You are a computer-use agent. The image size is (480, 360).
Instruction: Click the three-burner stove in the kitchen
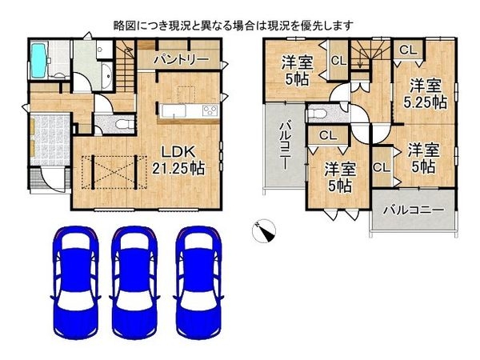210,110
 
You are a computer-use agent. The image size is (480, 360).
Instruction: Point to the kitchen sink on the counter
173,110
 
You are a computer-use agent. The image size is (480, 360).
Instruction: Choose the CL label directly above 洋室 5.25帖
407,49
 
